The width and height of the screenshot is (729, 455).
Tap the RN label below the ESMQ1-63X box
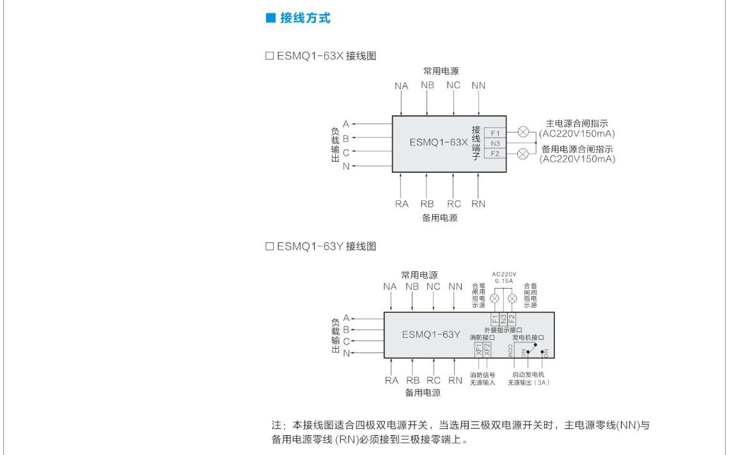click(x=478, y=204)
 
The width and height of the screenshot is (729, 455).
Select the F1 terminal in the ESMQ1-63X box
click(x=495, y=133)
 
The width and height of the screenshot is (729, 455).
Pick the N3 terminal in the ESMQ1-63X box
click(x=495, y=143)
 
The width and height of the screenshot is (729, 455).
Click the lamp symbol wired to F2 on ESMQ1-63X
click(x=522, y=154)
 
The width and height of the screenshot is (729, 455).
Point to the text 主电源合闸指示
click(x=577, y=124)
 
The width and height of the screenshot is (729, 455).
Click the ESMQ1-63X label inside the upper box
click(x=439, y=143)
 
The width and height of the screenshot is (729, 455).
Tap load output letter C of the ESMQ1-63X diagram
click(x=346, y=152)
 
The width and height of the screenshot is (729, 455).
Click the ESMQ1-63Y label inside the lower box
click(x=431, y=334)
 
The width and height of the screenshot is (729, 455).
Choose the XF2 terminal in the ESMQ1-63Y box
click(x=487, y=349)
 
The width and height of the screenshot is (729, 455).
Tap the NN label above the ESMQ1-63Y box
click(x=455, y=287)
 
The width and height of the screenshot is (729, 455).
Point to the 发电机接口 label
click(x=528, y=337)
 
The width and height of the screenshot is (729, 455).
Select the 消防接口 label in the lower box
click(x=482, y=337)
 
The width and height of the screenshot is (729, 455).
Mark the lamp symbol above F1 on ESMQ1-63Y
click(x=494, y=299)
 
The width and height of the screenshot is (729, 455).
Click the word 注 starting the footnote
click(x=277, y=425)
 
